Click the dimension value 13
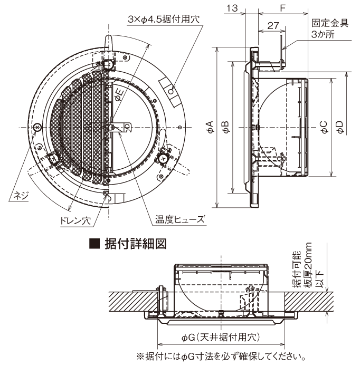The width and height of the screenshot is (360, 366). [232, 8]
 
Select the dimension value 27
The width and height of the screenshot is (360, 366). [273, 25]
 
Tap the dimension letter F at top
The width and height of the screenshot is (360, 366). [283, 8]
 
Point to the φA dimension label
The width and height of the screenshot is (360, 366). [211, 127]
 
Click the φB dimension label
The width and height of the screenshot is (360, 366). [226, 127]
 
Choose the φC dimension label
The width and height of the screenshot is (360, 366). [324, 127]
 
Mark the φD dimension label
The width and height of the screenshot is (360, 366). [340, 127]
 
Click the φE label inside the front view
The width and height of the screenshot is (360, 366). [119, 95]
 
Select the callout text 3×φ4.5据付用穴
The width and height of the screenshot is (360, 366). [164, 19]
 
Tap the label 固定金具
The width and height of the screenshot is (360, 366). [330, 23]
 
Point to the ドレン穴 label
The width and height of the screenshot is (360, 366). [75, 220]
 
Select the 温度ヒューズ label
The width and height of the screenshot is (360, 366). [180, 219]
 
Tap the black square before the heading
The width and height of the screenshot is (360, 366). [95, 244]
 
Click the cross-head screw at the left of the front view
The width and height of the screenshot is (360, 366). [37, 127]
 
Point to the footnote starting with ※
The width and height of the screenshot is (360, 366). [221, 357]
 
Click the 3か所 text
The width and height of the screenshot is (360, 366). [323, 35]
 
